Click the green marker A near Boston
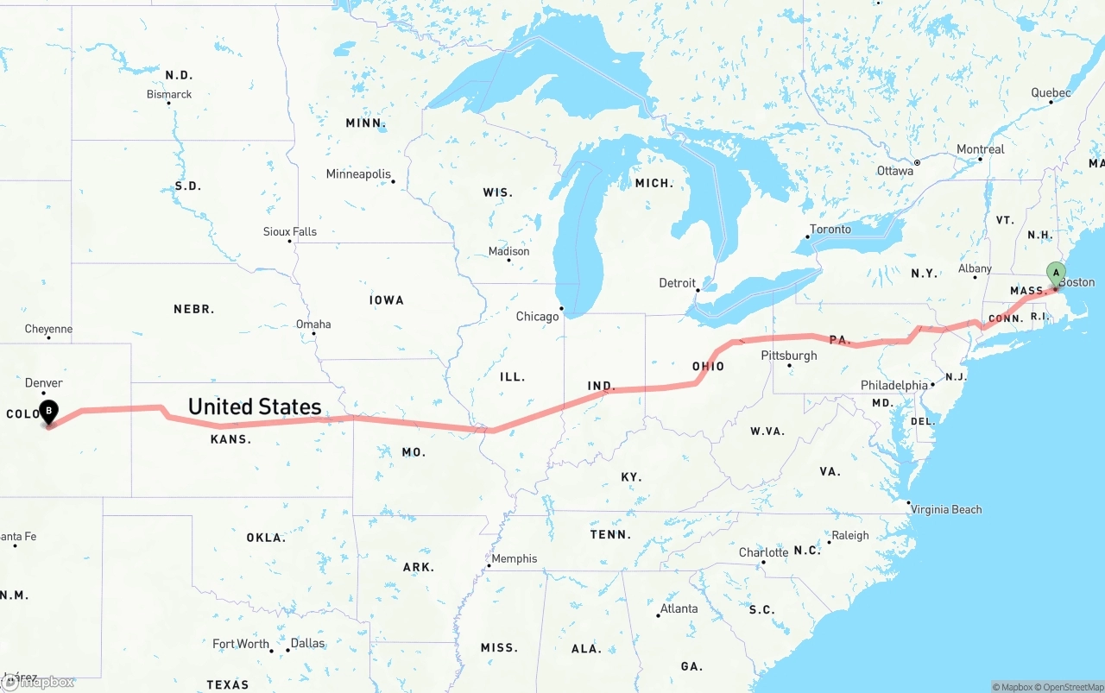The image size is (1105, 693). click(1055, 274)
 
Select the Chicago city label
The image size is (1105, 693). click(537, 317)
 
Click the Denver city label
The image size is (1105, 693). click(44, 383)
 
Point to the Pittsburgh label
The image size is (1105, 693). click(788, 356)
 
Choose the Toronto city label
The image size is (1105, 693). click(830, 229)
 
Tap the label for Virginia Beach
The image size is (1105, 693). click(946, 509)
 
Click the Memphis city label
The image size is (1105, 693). click(514, 558)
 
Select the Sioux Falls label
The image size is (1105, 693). click(290, 231)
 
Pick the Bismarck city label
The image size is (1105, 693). click(169, 94)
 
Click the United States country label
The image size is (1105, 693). click(255, 406)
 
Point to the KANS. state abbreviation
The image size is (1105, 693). click(230, 439)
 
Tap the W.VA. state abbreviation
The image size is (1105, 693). click(767, 431)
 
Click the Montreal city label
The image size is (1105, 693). click(980, 149)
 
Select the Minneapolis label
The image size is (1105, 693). click(358, 174)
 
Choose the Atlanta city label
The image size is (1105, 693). click(679, 608)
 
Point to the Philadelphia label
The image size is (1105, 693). click(893, 385)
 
